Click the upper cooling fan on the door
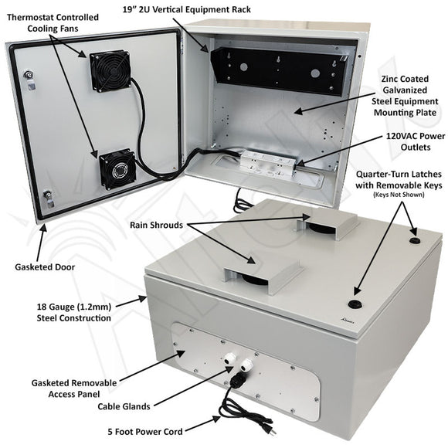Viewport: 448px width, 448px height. [x=110, y=71]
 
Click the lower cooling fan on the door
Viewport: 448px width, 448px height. [x=117, y=169]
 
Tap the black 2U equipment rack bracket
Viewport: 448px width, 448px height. [x=279, y=71]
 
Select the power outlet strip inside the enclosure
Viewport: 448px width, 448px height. [x=269, y=162]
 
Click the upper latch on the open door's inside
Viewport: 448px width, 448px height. [x=29, y=80]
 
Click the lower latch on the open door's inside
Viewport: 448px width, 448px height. [x=49, y=199]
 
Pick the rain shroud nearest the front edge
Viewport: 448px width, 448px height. [x=263, y=277]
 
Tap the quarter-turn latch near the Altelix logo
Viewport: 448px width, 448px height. [x=355, y=304]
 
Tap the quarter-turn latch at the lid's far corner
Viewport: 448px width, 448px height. [x=415, y=248]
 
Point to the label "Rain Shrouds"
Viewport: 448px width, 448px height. [x=156, y=225]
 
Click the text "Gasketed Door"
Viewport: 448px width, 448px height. [x=45, y=267]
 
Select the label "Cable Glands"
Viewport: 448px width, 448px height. [x=124, y=406]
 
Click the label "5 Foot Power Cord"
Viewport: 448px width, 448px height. [x=145, y=432]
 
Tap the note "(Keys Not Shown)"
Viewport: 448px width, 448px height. [x=399, y=195]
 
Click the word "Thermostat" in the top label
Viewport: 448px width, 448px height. [x=29, y=18]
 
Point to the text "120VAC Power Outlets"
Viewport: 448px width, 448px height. [x=416, y=141]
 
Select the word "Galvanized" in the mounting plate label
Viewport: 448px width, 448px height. [x=406, y=90]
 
